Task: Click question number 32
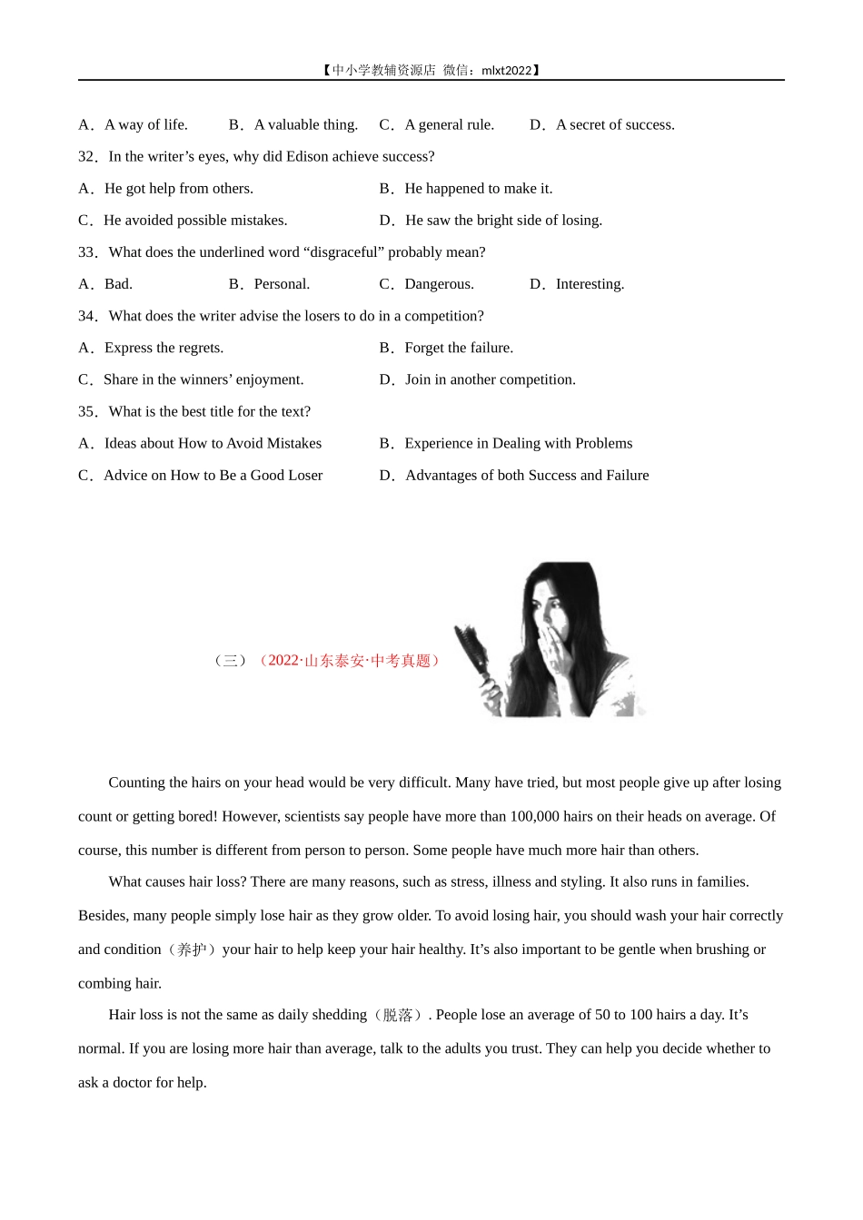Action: (x=87, y=157)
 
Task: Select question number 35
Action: (x=87, y=412)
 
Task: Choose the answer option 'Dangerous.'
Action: (x=439, y=284)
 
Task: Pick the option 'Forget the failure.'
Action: (x=459, y=348)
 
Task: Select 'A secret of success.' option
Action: (x=615, y=125)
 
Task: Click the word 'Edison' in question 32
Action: (x=307, y=157)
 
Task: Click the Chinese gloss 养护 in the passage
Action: (x=192, y=949)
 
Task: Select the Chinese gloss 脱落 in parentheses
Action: (x=397, y=1015)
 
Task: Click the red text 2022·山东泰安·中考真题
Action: (x=349, y=661)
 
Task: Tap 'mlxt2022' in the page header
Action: (x=506, y=71)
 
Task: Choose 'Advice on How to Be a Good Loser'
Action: (x=213, y=476)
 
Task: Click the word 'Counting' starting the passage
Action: (x=136, y=783)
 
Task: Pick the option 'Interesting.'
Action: (x=590, y=284)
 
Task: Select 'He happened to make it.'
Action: (x=478, y=189)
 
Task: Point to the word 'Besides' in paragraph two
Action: (x=102, y=916)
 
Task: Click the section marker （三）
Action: (x=230, y=661)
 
